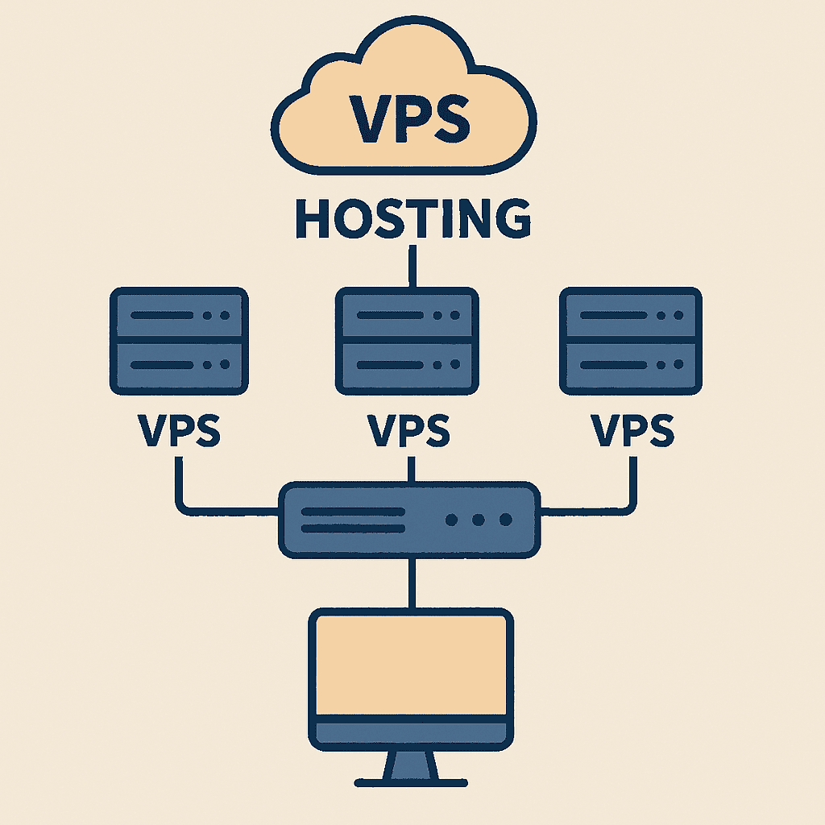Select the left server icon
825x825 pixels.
pos(178,341)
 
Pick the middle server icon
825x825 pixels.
pos(407,341)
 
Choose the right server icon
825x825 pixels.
pos(631,341)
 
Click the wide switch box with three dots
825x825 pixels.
pos(409,520)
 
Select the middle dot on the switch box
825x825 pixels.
pos(479,520)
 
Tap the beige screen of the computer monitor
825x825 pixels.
pos(411,665)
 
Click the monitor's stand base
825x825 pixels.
pos(411,780)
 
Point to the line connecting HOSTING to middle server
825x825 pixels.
pos(412,266)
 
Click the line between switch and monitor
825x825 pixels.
pos(412,582)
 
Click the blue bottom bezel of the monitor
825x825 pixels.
pos(411,732)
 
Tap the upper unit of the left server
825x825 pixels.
pos(178,316)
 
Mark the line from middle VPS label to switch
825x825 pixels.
pos(412,469)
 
